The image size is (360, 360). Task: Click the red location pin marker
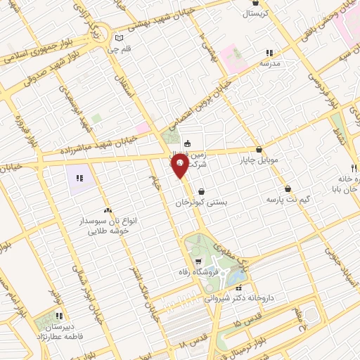click(179, 167)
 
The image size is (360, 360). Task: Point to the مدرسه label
click(270, 63)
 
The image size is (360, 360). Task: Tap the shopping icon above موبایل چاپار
click(261, 149)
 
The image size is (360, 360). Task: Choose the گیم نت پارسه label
click(288, 200)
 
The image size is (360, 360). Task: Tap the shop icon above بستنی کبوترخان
click(202, 191)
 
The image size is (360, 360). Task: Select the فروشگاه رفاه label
click(204, 273)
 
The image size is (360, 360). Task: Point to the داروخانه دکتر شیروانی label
click(237, 298)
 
